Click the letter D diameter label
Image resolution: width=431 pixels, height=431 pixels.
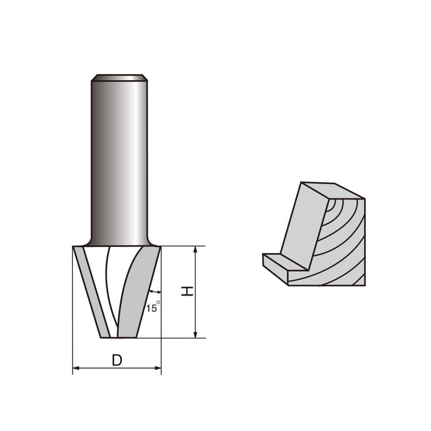tap(117, 360)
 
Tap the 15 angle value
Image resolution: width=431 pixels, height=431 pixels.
tap(151, 309)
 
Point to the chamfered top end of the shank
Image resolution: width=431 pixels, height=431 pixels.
tap(119, 78)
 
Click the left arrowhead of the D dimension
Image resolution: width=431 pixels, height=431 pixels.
tap(75, 368)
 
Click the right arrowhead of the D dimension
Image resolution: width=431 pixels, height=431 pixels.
tap(158, 368)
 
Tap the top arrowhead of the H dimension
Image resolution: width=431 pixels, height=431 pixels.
tap(195, 249)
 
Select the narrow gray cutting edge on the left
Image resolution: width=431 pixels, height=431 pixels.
tap(92, 293)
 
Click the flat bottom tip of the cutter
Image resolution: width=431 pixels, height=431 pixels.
tap(119, 337)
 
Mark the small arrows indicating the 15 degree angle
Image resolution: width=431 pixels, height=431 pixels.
tap(154, 292)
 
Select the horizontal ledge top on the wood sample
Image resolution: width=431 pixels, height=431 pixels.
tap(284, 262)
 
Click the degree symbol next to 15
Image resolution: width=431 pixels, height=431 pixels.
tap(158, 303)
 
